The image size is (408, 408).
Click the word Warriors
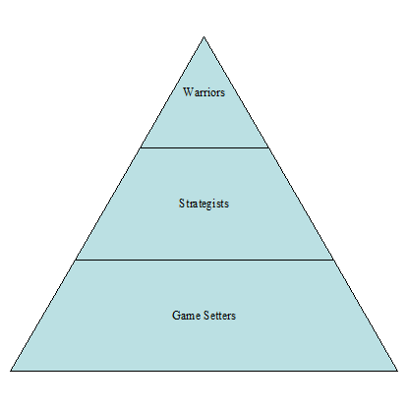tap(204, 92)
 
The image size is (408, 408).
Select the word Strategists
tap(204, 204)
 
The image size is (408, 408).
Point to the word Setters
tap(219, 316)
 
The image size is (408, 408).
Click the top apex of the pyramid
tap(204, 36)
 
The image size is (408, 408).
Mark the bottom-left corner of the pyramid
tap(11, 371)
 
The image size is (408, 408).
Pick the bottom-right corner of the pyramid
tap(397, 371)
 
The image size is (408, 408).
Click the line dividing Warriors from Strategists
tap(204, 147)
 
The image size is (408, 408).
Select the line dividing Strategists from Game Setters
tap(204, 260)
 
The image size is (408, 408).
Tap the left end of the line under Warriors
tap(140, 147)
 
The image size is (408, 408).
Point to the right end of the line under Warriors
tap(268, 147)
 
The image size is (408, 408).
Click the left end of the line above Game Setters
tap(75, 260)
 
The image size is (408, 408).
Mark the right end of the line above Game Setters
tap(333, 260)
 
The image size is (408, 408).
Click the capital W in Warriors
tap(188, 92)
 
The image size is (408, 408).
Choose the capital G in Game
tap(176, 316)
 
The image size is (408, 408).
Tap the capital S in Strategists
tap(181, 204)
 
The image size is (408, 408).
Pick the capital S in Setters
tap(206, 316)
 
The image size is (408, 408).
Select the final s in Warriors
tap(223, 93)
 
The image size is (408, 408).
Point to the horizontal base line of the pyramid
tap(204, 371)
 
